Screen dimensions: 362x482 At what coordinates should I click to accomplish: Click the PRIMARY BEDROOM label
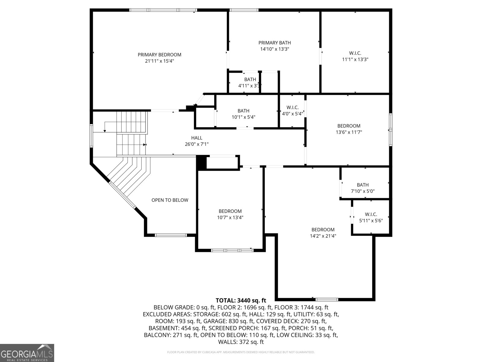tap(159, 55)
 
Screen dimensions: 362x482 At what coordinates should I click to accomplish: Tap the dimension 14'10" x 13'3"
tap(274, 49)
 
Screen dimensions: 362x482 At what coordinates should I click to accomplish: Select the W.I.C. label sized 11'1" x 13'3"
tap(355, 53)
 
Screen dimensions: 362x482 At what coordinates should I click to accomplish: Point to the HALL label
tap(196, 138)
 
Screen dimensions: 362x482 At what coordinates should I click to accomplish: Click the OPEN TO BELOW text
tap(170, 200)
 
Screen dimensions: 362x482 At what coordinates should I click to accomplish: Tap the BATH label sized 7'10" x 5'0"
tap(362, 185)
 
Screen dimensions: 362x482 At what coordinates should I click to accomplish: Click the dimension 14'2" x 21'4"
tap(323, 236)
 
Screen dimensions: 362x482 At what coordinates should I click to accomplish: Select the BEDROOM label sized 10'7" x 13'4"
tap(230, 211)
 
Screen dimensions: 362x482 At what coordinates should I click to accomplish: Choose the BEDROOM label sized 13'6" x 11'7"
tap(349, 126)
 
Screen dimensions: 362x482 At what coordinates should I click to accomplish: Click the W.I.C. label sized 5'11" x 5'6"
tap(371, 214)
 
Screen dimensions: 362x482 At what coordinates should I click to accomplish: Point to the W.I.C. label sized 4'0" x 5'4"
tap(292, 107)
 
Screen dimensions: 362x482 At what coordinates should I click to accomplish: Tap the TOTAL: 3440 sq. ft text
tap(241, 300)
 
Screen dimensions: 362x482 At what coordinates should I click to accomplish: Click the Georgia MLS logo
tap(27, 353)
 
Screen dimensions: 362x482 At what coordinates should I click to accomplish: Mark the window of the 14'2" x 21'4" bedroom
tap(327, 299)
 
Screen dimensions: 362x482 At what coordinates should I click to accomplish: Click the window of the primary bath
tap(244, 10)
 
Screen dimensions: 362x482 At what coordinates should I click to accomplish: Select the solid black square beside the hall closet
tap(201, 163)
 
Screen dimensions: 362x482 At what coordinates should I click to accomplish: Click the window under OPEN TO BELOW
tap(171, 235)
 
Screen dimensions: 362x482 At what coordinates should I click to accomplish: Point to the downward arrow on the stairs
tap(105, 130)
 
